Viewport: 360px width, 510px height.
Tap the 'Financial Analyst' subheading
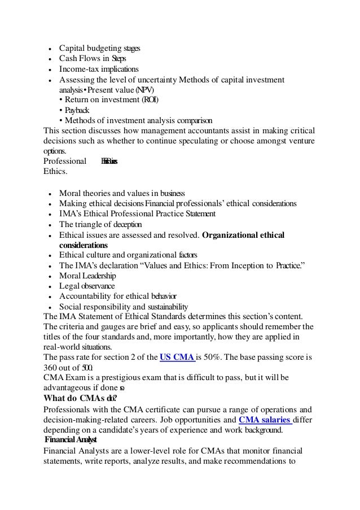tap(71, 439)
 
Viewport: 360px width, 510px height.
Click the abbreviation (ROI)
tap(147, 100)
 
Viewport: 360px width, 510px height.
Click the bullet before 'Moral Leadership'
tap(51, 276)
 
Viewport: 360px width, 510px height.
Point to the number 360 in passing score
tap(52, 368)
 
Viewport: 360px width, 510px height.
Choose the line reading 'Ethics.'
tap(55, 171)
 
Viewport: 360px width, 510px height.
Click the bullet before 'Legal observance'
tap(51, 286)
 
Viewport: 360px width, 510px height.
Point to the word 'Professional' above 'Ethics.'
tap(65, 160)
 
